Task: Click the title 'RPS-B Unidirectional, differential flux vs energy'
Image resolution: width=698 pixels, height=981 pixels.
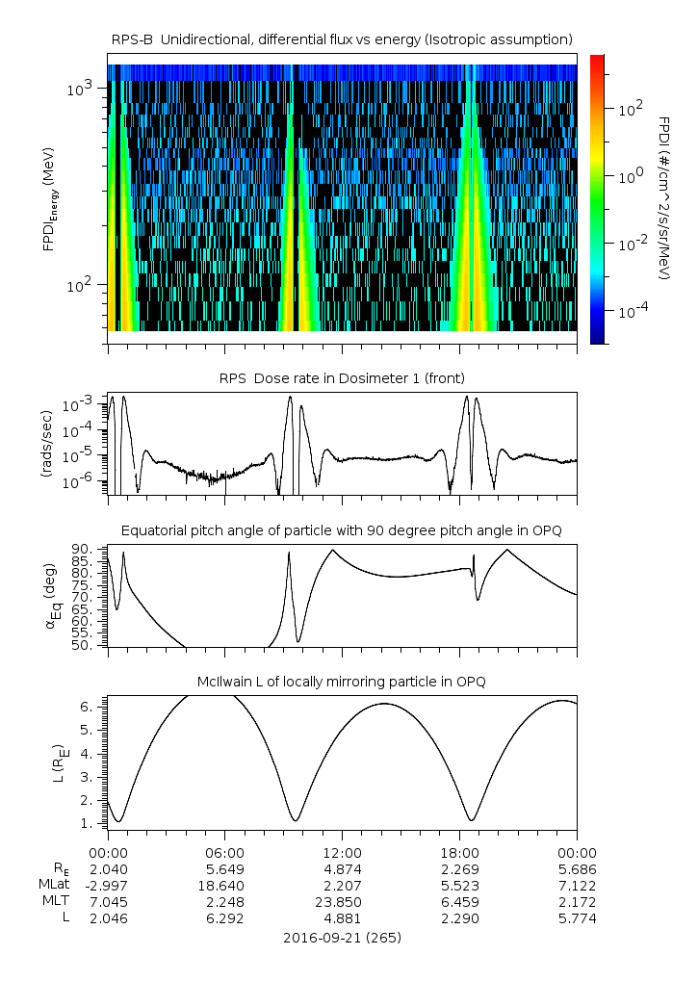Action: tap(343, 39)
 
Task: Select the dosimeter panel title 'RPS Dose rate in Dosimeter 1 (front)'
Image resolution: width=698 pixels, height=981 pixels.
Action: tap(343, 376)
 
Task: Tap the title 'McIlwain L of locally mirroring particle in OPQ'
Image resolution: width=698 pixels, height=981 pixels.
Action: tap(343, 682)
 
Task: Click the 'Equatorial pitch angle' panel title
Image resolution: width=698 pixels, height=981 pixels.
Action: tap(343, 530)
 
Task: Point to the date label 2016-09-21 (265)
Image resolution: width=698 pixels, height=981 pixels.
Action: tap(343, 937)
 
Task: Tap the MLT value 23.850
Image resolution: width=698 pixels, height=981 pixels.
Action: tap(343, 902)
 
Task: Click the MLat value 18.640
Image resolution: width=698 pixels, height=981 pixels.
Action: tap(225, 885)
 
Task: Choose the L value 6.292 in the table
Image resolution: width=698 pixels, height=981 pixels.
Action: tap(225, 918)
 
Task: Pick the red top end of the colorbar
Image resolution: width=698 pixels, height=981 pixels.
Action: tap(598, 60)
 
